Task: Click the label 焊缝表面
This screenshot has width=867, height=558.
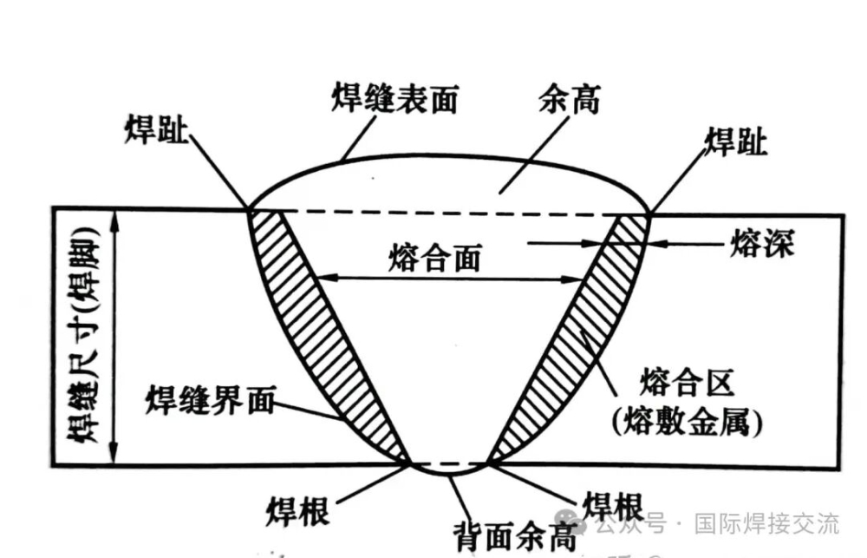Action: pos(394,100)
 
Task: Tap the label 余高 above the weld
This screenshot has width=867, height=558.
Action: pos(570,100)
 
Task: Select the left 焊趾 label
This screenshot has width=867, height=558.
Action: pos(156,129)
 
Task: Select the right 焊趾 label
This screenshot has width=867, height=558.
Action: pos(736,141)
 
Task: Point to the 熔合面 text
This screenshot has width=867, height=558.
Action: pos(435,258)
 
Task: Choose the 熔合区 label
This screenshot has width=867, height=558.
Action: pos(688,382)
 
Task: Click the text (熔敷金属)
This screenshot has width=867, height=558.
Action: pos(688,423)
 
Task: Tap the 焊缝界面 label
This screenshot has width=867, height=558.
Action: pos(210,400)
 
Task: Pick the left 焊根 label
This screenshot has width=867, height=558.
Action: pos(298,510)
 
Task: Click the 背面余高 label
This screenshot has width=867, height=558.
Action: pos(515,536)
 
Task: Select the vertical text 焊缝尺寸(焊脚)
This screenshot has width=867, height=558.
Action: pos(83,335)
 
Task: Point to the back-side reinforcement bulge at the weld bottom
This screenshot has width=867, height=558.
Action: pos(449,470)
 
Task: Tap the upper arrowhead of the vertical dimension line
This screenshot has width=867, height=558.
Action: pos(114,220)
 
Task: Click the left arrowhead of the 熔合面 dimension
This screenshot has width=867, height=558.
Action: pos(329,276)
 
